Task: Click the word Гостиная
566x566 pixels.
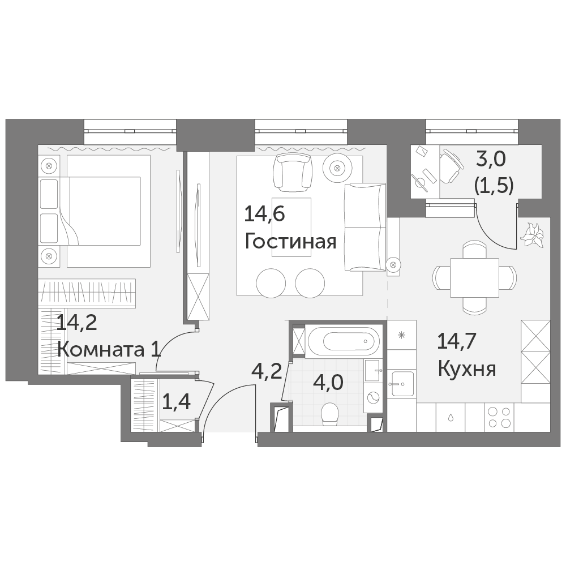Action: pos(290,242)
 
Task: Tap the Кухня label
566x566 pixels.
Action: pos(467,369)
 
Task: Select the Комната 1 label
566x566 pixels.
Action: pos(109,349)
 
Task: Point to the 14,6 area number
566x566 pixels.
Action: pos(264,214)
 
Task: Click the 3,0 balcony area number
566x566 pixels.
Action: pos(492,160)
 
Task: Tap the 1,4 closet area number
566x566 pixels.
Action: pos(176,402)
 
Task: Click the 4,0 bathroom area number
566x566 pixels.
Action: pos(328,383)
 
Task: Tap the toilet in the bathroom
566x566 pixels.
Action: pos(329,414)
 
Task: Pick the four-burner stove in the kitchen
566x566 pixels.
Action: pos(499,417)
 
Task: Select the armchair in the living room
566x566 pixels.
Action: pos(293,172)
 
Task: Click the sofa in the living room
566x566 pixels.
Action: pos(365,227)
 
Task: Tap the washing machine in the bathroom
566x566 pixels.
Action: pos(372,398)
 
